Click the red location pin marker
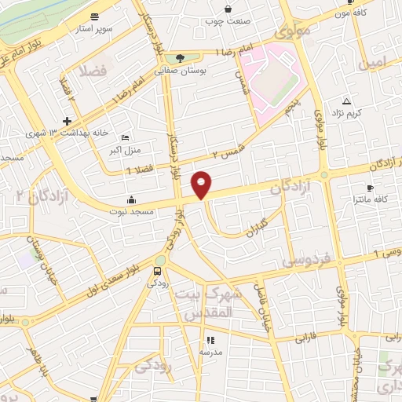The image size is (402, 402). [202, 184]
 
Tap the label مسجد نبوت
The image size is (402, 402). [132, 212]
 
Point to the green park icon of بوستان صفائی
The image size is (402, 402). [181, 57]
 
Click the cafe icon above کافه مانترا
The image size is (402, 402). [370, 188]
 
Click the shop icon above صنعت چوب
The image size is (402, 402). [228, 9]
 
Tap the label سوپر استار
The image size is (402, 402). [95, 28]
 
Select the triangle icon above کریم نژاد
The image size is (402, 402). [346, 101]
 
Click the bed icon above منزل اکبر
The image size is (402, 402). [126, 137]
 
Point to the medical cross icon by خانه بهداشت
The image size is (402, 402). [68, 121]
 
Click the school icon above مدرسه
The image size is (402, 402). [210, 340]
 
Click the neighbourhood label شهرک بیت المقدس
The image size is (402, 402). [207, 303]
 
